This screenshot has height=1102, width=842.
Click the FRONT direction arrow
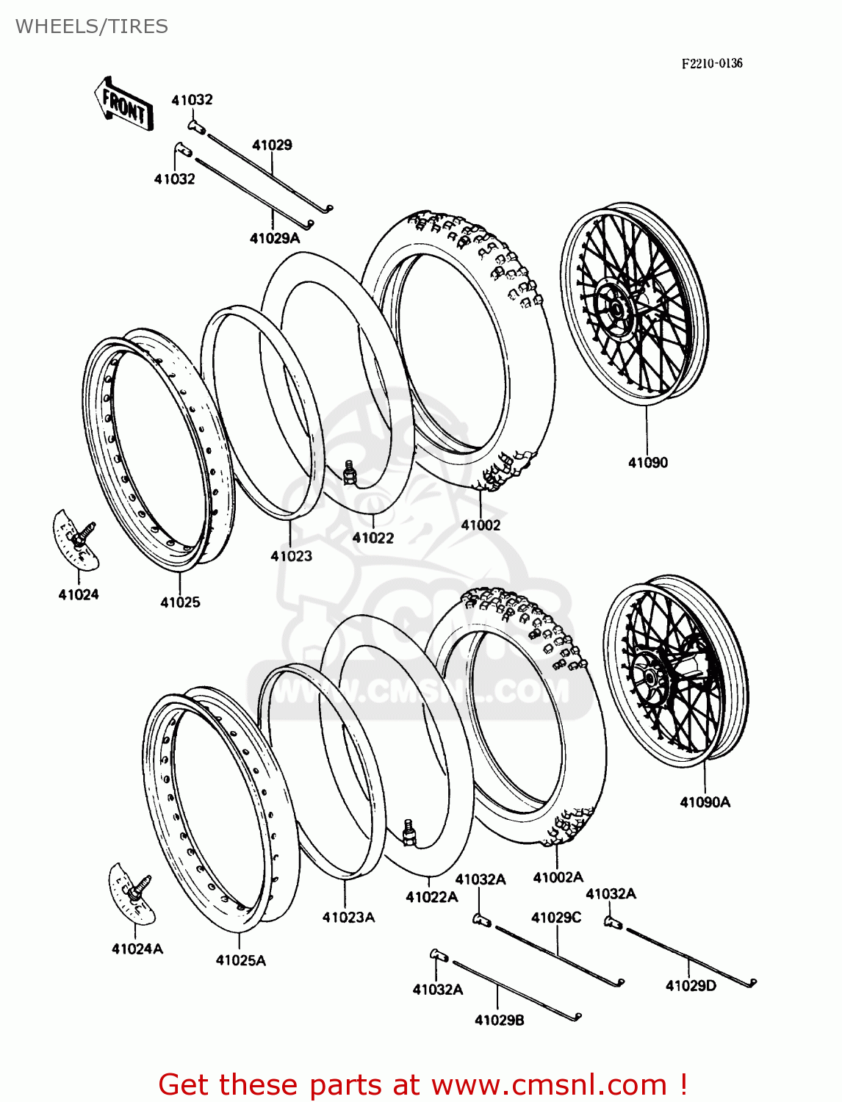pyautogui.click(x=123, y=104)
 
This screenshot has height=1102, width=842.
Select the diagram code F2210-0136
pyautogui.click(x=711, y=64)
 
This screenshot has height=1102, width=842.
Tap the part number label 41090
pyautogui.click(x=647, y=463)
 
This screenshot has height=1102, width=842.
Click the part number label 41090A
pyautogui.click(x=705, y=802)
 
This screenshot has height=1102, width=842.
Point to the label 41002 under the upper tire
pyautogui.click(x=481, y=525)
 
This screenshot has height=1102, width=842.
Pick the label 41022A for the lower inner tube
pyautogui.click(x=431, y=897)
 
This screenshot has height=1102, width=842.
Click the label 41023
pyautogui.click(x=291, y=556)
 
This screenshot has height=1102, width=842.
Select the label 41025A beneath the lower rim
pyautogui.click(x=240, y=960)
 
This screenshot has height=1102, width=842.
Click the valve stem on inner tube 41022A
pyautogui.click(x=409, y=832)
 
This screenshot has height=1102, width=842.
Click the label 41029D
pyautogui.click(x=690, y=986)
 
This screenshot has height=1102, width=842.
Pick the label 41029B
pyautogui.click(x=499, y=1020)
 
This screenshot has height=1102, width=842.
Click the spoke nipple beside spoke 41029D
pyautogui.click(x=613, y=923)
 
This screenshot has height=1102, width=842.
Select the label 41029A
pyautogui.click(x=274, y=238)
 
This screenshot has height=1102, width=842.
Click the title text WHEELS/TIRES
pyautogui.click(x=92, y=26)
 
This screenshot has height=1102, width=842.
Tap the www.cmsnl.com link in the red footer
pyautogui.click(x=548, y=1085)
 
